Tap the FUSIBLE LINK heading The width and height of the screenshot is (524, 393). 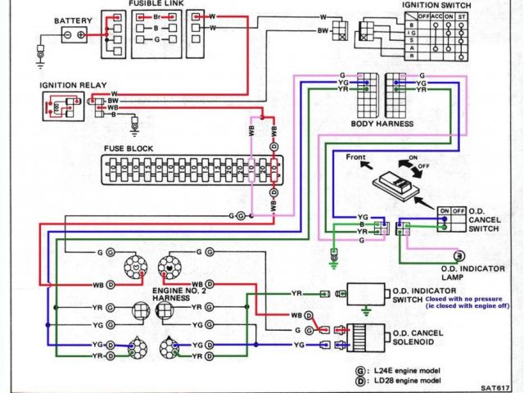click(x=155, y=4)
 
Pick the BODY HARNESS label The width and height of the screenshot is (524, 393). click(x=382, y=124)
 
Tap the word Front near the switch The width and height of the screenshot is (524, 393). click(x=356, y=156)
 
